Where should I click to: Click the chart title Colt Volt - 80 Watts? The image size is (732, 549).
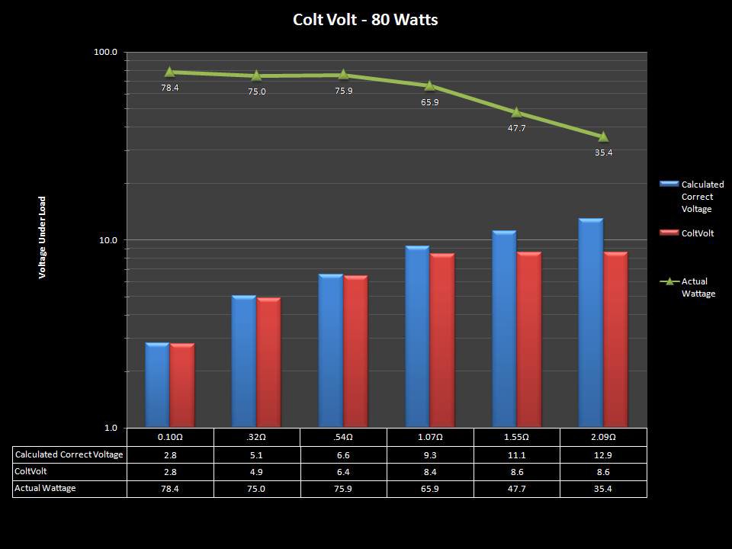pyautogui.click(x=365, y=20)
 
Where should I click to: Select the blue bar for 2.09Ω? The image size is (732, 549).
pyautogui.click(x=591, y=323)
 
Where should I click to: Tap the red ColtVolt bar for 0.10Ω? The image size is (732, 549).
pyautogui.click(x=182, y=385)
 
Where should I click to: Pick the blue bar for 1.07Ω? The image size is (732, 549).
pyautogui.click(x=417, y=336)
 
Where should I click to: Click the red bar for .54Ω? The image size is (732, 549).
pyautogui.click(x=355, y=352)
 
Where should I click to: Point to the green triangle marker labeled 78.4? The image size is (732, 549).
pyautogui.click(x=169, y=72)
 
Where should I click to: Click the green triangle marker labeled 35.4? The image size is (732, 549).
pyautogui.click(x=603, y=136)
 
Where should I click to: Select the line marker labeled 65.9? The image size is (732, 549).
pyautogui.click(x=429, y=85)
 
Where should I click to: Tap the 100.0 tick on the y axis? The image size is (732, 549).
pyautogui.click(x=105, y=52)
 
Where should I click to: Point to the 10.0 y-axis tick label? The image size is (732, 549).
pyautogui.click(x=108, y=240)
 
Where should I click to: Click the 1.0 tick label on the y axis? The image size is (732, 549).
pyautogui.click(x=110, y=428)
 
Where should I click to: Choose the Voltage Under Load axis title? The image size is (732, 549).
pyautogui.click(x=43, y=237)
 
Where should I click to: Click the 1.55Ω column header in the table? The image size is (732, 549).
pyautogui.click(x=516, y=438)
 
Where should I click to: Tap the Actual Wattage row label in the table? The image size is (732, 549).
pyautogui.click(x=46, y=488)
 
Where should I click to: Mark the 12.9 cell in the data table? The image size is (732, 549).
pyautogui.click(x=603, y=454)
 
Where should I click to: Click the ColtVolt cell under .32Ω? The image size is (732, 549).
pyautogui.click(x=257, y=471)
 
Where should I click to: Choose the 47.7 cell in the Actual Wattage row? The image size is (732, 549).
pyautogui.click(x=516, y=488)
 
